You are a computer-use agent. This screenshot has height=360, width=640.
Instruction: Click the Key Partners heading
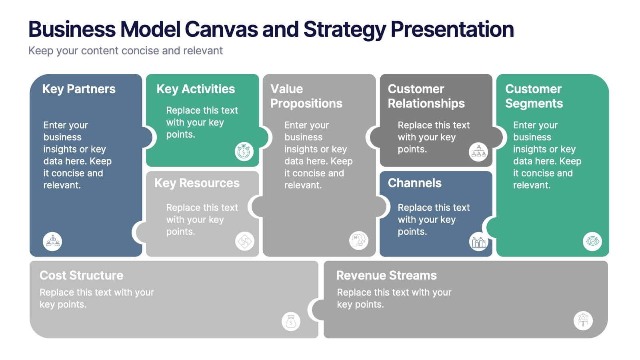[79, 89]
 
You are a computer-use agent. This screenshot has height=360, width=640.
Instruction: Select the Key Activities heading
[196, 89]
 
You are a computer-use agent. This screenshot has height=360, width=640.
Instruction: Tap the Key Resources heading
[197, 183]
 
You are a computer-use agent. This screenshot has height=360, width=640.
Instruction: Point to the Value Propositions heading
[306, 96]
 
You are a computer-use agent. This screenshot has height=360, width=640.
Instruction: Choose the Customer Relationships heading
[426, 96]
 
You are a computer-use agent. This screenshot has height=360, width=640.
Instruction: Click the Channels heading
[414, 183]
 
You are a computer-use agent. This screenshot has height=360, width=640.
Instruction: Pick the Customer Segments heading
[534, 96]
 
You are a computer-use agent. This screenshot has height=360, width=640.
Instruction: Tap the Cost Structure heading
[81, 275]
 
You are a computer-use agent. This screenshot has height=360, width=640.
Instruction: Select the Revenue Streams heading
[386, 275]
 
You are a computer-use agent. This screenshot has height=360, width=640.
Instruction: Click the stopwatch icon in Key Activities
[244, 152]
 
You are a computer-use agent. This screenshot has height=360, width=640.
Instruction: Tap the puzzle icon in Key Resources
[244, 241]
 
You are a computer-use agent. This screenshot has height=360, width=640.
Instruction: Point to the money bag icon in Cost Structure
[291, 321]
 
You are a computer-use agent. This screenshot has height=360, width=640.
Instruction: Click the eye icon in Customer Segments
[592, 242]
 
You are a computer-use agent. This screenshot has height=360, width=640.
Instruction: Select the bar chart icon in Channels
[478, 242]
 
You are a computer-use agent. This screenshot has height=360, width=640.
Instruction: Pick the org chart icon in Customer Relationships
[478, 152]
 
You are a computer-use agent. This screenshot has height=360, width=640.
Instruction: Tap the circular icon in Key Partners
[52, 242]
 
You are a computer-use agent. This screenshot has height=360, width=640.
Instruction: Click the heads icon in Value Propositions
[358, 240]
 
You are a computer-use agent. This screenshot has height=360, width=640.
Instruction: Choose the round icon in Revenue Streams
[583, 320]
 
